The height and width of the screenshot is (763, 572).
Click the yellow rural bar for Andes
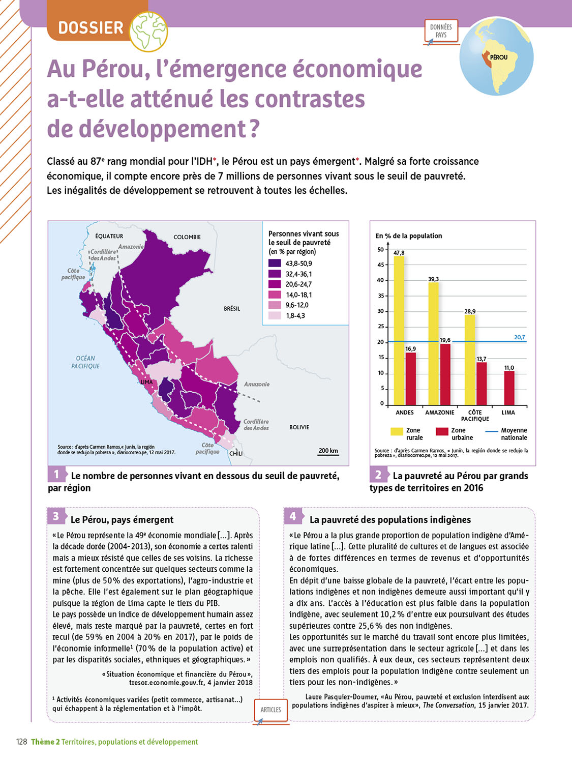tap(399, 331)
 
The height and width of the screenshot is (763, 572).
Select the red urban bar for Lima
tap(509, 388)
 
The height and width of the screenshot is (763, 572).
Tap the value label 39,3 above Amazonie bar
tap(433, 279)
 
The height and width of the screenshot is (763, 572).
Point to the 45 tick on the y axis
tap(380, 265)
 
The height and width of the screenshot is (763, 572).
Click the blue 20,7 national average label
tap(519, 337)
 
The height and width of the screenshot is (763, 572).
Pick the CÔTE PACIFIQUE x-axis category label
tap(475, 416)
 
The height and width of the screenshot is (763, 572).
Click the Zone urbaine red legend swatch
tap(442, 431)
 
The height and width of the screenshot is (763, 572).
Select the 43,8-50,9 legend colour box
tap(275, 263)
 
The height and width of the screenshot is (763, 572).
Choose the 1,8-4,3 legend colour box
tap(275, 316)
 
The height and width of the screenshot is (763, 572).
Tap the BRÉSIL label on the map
tap(232, 309)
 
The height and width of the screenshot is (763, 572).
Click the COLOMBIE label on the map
tap(187, 237)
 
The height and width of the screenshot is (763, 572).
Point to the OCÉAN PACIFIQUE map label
tap(85, 362)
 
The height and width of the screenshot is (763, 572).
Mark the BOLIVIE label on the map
tap(299, 427)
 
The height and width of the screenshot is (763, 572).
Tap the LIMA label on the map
tap(146, 382)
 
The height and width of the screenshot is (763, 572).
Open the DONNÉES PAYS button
tap(441, 31)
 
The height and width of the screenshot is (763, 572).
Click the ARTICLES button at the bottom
tap(270, 710)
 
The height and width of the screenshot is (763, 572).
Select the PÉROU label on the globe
tap(499, 57)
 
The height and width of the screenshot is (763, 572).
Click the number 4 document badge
tap(293, 516)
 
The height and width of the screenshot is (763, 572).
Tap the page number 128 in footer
tap(21, 742)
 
